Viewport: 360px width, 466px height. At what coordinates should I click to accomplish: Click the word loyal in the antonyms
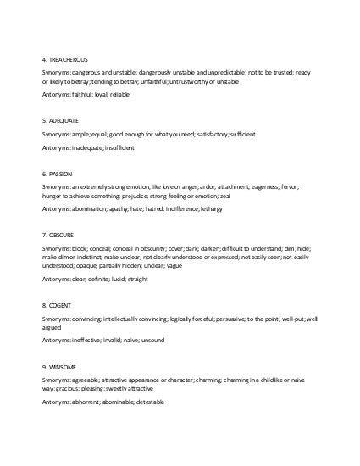coord(97,94)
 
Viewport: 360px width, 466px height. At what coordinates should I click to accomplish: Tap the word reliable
coord(119,94)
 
